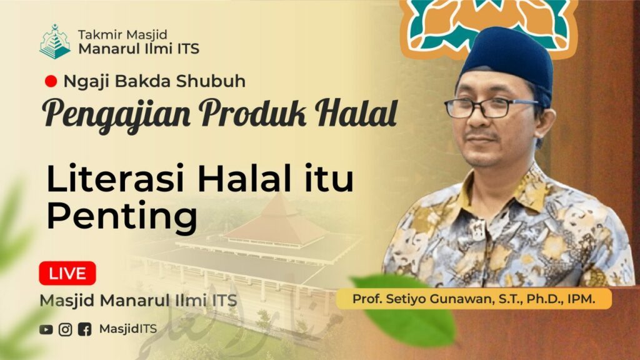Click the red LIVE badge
tap(67, 273)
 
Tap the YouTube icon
tap(46, 329)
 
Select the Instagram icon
tap(65, 329)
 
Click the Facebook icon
tap(84, 329)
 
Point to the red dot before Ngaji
tap(51, 81)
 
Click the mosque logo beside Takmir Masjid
tap(55, 42)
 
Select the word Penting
tap(122, 216)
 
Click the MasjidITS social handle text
tap(127, 329)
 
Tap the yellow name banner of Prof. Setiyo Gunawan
tap(474, 299)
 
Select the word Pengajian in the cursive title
tap(116, 114)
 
